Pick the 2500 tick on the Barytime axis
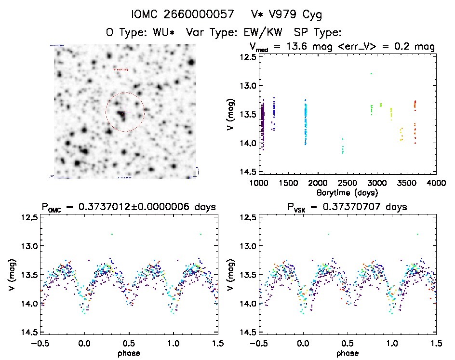[347, 183]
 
